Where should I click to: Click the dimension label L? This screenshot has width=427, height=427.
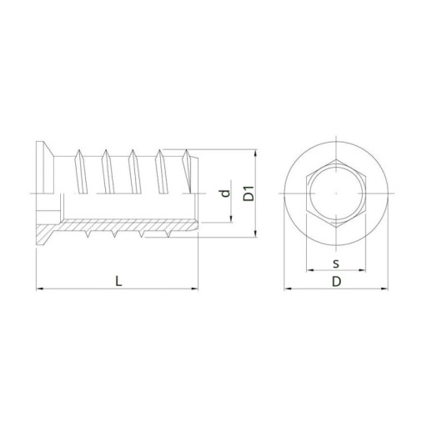[x=118, y=281]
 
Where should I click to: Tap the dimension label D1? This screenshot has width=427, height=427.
[x=249, y=193]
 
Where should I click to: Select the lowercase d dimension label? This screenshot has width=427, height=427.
[x=225, y=193]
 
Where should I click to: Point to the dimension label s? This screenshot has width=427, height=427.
[x=336, y=264]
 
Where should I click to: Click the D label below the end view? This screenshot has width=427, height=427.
[x=336, y=282]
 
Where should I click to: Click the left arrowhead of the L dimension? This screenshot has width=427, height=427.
[x=39, y=289]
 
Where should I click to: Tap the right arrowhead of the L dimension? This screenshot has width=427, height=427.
[x=194, y=289]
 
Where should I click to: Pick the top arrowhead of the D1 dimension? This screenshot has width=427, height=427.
[x=256, y=153]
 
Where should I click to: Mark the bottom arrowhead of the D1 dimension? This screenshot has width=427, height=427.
[x=256, y=234]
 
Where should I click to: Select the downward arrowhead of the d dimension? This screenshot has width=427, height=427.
[x=231, y=219]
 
